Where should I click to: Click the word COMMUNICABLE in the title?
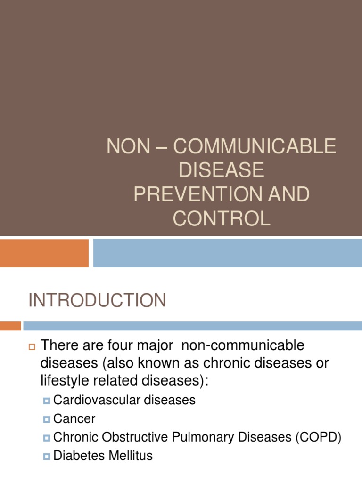[x=255, y=146]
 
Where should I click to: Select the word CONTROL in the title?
[x=222, y=219]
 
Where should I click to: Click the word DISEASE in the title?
[x=222, y=170]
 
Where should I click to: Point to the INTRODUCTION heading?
[x=98, y=300]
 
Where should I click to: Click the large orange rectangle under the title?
[x=44, y=253]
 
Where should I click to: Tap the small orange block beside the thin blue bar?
[x=10, y=326]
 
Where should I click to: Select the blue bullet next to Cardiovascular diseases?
[x=46, y=401]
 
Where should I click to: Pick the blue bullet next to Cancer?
[x=46, y=419]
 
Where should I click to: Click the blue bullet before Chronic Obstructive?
[x=46, y=438]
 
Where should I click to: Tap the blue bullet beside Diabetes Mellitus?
[x=46, y=456]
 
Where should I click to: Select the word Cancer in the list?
[x=74, y=419]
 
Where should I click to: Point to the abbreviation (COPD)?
[x=318, y=437]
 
